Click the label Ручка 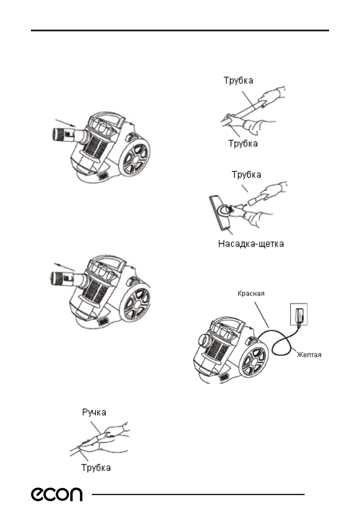pos(94,412)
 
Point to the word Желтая pos(309,355)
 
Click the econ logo pos(56,495)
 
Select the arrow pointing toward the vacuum pos(64,123)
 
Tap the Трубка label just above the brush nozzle pos(247,175)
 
